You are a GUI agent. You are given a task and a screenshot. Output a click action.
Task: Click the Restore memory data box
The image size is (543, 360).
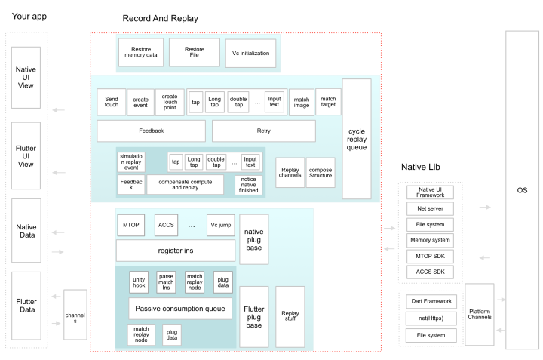[x=141, y=52]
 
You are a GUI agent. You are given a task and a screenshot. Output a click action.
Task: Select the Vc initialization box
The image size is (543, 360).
[x=250, y=53]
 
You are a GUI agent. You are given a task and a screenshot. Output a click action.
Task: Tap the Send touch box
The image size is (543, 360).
[x=111, y=102]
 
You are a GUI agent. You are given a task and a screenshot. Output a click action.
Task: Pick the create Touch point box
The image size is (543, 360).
[x=170, y=102]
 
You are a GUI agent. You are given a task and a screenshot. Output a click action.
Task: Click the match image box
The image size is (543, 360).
[x=302, y=102]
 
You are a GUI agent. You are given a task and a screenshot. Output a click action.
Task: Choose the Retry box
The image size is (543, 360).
[x=264, y=131]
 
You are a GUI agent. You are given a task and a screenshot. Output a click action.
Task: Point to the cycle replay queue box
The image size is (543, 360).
[x=357, y=139]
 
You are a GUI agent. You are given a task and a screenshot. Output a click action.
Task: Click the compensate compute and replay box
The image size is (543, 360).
[x=186, y=185]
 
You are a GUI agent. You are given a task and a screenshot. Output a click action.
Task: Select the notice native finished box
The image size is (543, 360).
[x=248, y=185]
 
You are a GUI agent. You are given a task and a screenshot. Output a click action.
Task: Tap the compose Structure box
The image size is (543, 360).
[x=321, y=173]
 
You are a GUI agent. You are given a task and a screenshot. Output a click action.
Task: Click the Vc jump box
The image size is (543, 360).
[x=220, y=225]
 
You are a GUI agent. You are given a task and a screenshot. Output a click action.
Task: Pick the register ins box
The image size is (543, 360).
[x=176, y=251]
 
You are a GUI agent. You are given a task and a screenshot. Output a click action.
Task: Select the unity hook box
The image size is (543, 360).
[x=139, y=282]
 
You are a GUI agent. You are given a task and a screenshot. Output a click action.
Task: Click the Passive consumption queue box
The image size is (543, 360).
[x=180, y=309]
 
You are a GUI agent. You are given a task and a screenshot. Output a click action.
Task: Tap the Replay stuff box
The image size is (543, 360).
[x=290, y=317]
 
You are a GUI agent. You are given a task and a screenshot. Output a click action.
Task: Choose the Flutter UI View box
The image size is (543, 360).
[x=26, y=156]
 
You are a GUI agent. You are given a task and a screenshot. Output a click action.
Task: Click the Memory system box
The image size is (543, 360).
[x=430, y=240]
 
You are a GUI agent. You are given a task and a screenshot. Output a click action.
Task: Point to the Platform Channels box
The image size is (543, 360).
[x=480, y=314]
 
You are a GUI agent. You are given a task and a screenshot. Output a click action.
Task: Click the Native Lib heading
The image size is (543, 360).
[x=420, y=167]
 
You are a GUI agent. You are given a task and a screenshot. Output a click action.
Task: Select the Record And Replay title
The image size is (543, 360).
[x=161, y=18]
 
